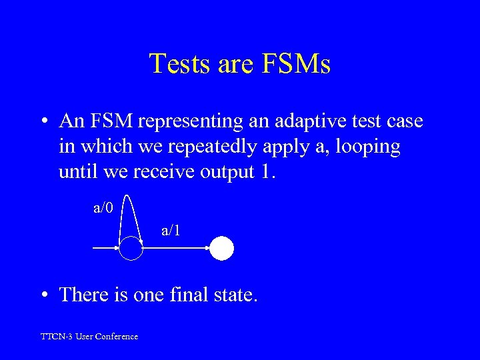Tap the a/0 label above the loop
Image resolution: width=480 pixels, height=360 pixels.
pyautogui.click(x=103, y=208)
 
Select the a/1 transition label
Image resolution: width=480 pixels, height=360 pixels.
pyautogui.click(x=171, y=231)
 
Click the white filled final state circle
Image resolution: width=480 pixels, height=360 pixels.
pyautogui.click(x=222, y=249)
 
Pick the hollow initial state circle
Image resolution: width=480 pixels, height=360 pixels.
pyautogui.click(x=131, y=249)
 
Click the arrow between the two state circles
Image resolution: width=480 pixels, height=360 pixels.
pyautogui.click(x=177, y=249)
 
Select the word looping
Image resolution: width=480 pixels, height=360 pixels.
pyautogui.click(x=365, y=147)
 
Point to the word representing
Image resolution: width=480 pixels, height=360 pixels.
pyautogui.click(x=177, y=121)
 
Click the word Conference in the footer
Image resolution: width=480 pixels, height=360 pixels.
pyautogui.click(x=117, y=337)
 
